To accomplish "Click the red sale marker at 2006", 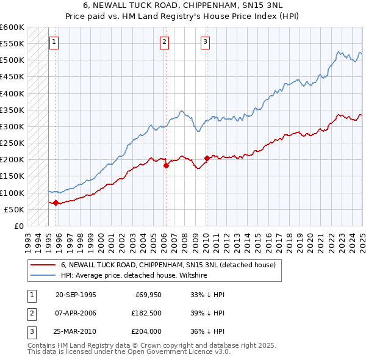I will pyautogui.click(x=165, y=165).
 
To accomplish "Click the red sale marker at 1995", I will pyautogui.click(x=56, y=203).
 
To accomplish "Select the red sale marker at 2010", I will pyautogui.click(x=207, y=158).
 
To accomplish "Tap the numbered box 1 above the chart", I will pyautogui.click(x=54, y=42).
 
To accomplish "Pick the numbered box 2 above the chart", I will pyautogui.click(x=165, y=42).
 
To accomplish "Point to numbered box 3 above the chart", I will pyautogui.click(x=206, y=42).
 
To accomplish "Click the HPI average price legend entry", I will pyautogui.click(x=134, y=276).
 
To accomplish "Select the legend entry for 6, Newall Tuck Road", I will pyautogui.click(x=168, y=265).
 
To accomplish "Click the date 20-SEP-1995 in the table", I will pyautogui.click(x=76, y=294).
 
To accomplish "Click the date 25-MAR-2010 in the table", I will pyautogui.click(x=76, y=332).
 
